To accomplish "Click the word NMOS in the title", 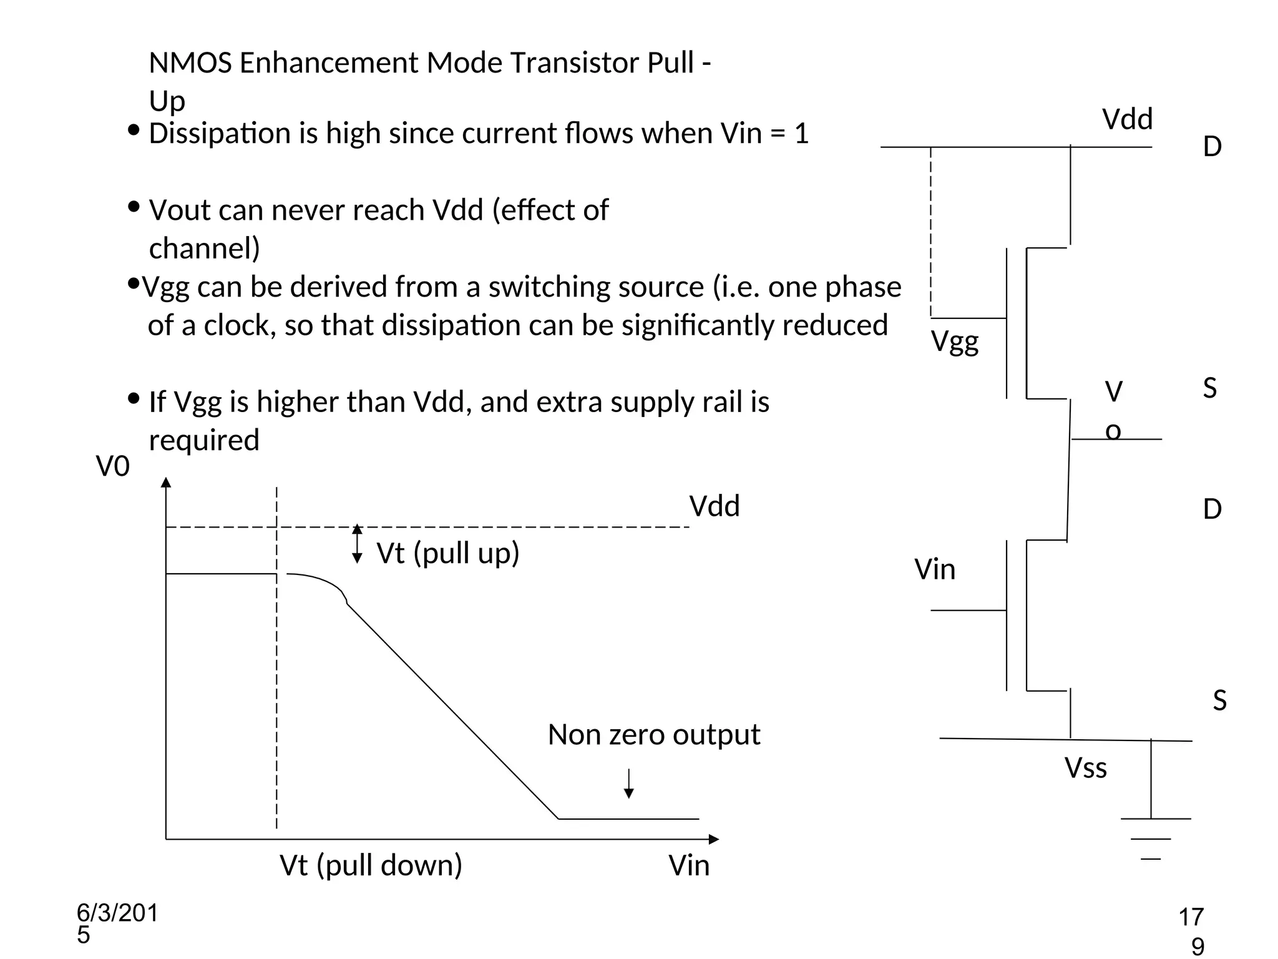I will [190, 63].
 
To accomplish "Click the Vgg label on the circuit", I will [954, 342].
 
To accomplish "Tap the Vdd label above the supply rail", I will [1127, 119].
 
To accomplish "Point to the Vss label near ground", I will [1085, 768].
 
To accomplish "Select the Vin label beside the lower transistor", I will [934, 569].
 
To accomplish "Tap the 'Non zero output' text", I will [653, 735].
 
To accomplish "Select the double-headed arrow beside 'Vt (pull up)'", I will [357, 544].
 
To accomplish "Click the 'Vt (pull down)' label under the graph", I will [371, 865].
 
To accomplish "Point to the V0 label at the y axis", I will [112, 466].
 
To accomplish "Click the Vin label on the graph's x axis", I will [689, 866].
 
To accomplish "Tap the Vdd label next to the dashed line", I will [714, 506].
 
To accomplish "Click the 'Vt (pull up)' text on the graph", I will [447, 553].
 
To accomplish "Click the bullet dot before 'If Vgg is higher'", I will [133, 398].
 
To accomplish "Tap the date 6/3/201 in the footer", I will [117, 913].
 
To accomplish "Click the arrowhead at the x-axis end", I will [714, 839].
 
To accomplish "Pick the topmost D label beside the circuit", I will [1212, 147].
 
